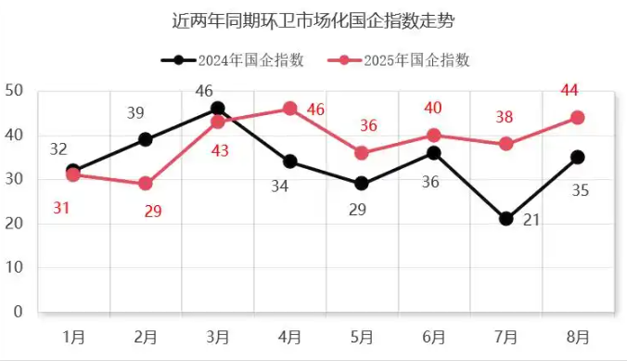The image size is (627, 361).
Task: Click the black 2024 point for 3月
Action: (218, 109)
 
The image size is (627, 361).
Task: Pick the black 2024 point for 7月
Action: (505, 219)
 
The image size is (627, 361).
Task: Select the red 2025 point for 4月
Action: (289, 109)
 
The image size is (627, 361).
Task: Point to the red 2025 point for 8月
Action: (577, 118)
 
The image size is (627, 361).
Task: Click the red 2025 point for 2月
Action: (146, 184)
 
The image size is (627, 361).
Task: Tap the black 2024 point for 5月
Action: (362, 184)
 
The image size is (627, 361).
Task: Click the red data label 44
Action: (569, 90)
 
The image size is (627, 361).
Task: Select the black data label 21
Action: (531, 219)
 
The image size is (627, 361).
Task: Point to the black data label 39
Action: (135, 113)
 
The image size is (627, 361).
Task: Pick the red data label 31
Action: (61, 208)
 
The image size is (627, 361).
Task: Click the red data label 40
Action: (433, 108)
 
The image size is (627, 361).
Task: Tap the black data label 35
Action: (580, 190)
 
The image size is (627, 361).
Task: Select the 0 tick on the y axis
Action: (18, 312)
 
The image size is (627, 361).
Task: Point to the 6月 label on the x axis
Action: (434, 336)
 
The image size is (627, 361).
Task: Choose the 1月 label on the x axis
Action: (74, 336)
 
